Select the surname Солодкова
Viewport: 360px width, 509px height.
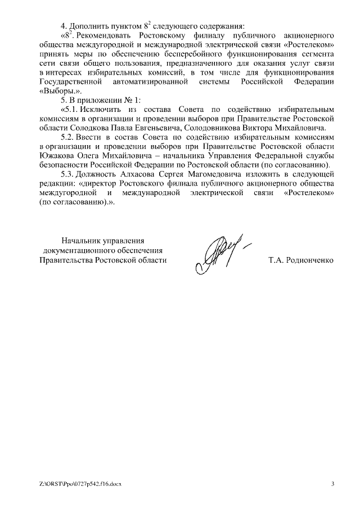[88, 128]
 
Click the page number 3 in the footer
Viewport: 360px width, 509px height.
[332, 483]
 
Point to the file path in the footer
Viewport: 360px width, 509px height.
[80, 484]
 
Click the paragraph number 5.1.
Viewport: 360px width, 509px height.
[72, 110]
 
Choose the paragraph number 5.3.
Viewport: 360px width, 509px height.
[69, 175]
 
